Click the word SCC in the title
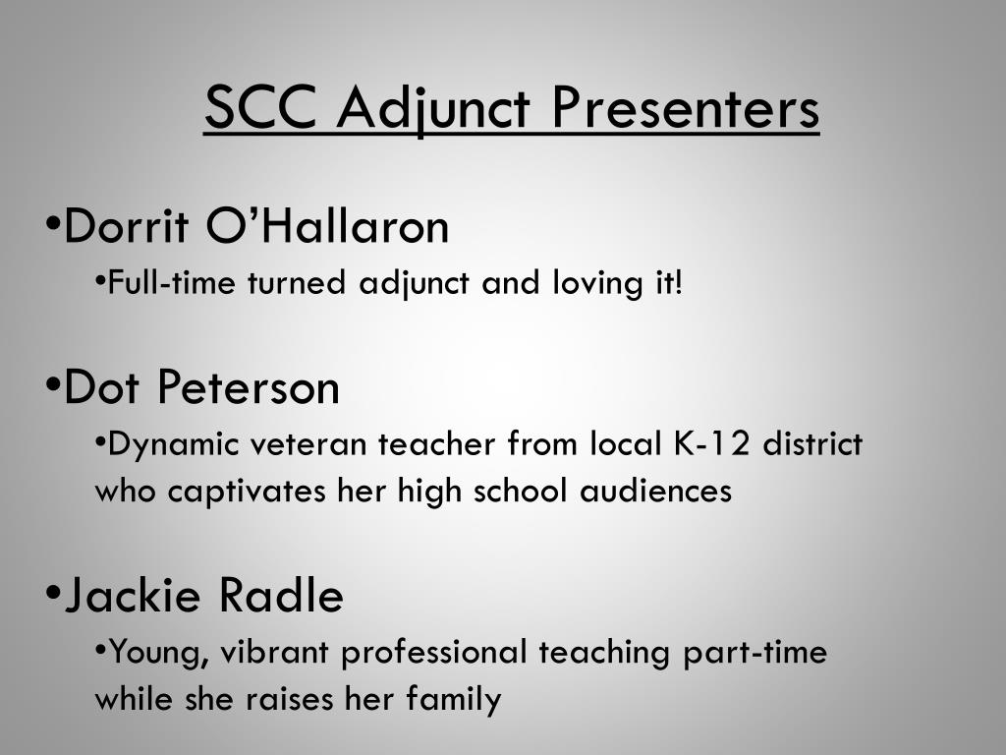pos(262,107)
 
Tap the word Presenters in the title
pos(684,107)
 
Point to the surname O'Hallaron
pos(327,227)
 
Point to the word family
pos(454,699)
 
